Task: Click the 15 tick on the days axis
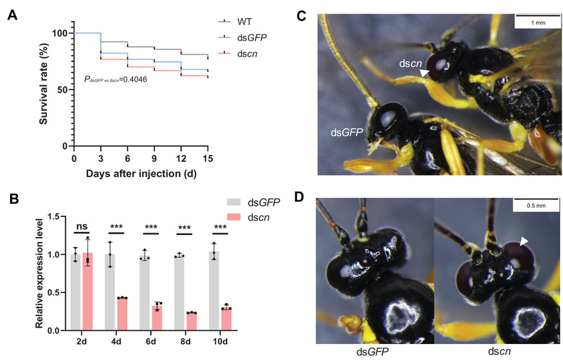pos(207,158)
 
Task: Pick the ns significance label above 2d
pos(82,226)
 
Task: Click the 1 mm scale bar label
pos(536,24)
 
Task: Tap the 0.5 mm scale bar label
pos(534,205)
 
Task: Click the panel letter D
pos(323,193)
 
